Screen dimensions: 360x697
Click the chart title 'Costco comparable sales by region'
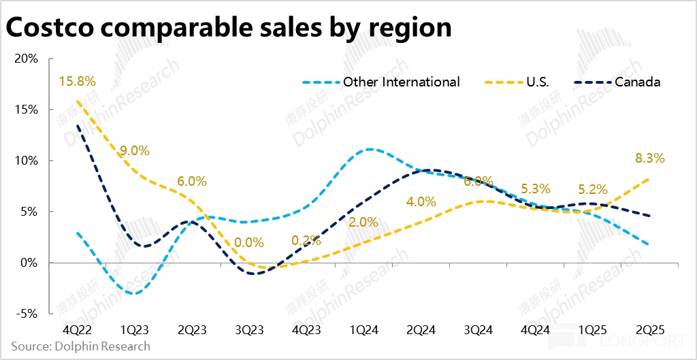228,28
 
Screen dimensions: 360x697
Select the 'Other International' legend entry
401,82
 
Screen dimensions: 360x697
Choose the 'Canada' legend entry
637,82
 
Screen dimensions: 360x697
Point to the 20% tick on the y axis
27,59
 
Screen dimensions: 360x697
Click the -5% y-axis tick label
27,314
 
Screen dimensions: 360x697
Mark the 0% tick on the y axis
29,263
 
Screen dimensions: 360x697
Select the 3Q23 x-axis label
249,327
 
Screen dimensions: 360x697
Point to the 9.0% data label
135,150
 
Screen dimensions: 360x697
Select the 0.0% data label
249,241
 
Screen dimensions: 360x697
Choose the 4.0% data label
421,201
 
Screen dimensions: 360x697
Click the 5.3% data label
536,188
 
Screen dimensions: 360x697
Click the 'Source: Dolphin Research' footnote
80,346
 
